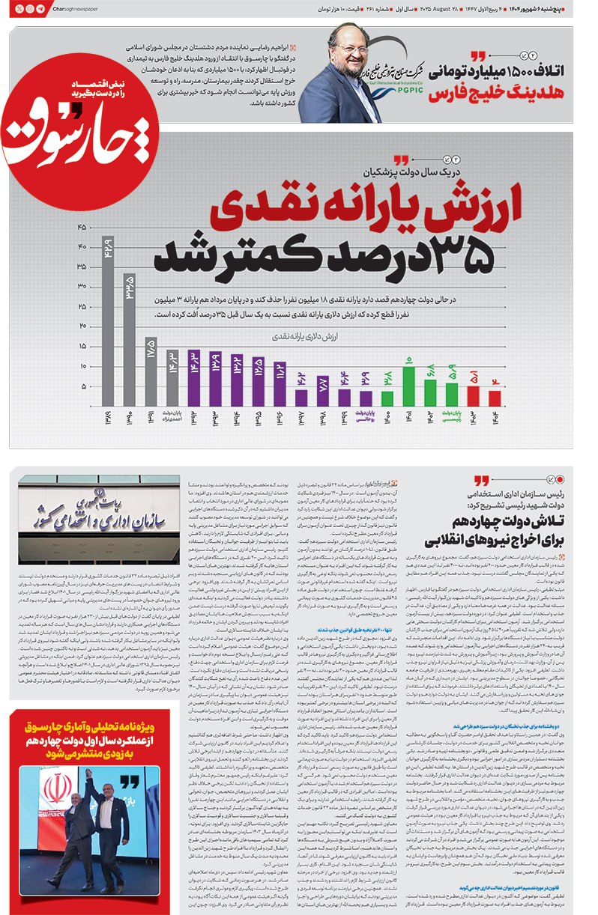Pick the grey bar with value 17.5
click(151, 371)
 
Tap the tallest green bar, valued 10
click(408, 386)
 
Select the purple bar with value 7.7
click(322, 390)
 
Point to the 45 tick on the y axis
click(82, 226)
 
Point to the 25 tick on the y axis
click(82, 306)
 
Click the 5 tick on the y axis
click(82, 386)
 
